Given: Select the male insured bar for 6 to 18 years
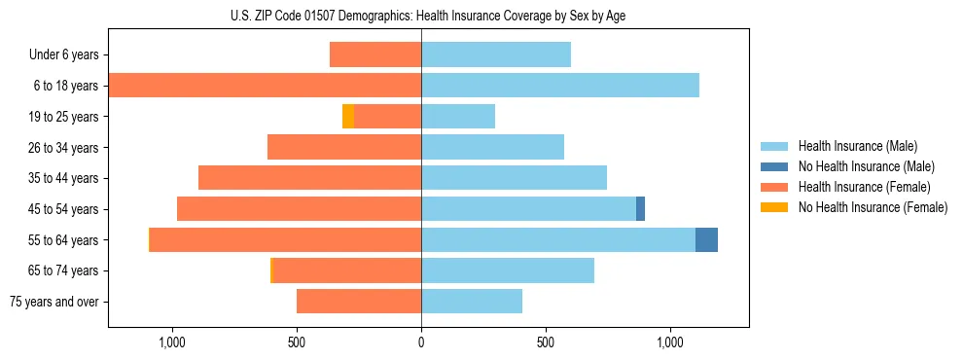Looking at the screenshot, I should click(560, 86).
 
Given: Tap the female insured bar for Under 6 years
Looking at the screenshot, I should click(375, 54).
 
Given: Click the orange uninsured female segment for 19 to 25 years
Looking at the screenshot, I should click(348, 117).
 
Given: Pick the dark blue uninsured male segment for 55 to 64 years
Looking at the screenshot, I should click(706, 239).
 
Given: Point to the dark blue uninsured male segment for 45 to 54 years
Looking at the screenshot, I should click(640, 209).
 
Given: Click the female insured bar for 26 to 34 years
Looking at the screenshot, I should click(344, 147).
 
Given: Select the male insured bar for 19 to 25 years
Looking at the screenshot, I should click(458, 117).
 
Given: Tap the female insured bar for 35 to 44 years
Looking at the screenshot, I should click(309, 178).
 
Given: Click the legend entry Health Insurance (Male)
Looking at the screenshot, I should click(857, 146).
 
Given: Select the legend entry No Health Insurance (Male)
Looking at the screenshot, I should click(866, 166).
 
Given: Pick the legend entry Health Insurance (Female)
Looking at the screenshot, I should click(864, 187).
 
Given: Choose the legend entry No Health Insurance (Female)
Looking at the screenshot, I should click(873, 207).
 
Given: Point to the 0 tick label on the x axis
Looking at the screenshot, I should click(421, 342).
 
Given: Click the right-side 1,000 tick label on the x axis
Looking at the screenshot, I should click(670, 342).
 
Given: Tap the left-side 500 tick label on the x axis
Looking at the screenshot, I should click(297, 342).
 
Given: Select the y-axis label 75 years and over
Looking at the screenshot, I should click(54, 302).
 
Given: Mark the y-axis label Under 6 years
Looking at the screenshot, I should click(64, 54).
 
